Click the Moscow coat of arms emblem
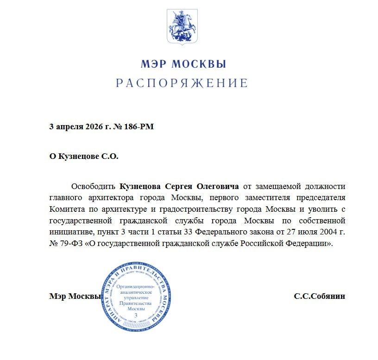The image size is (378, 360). coord(182,26)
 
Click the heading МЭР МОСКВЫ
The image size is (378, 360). coord(183,64)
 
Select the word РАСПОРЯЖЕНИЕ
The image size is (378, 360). coord(182,83)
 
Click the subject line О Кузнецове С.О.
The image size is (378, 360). coord(84,157)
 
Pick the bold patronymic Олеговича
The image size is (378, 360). coord(218,187)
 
